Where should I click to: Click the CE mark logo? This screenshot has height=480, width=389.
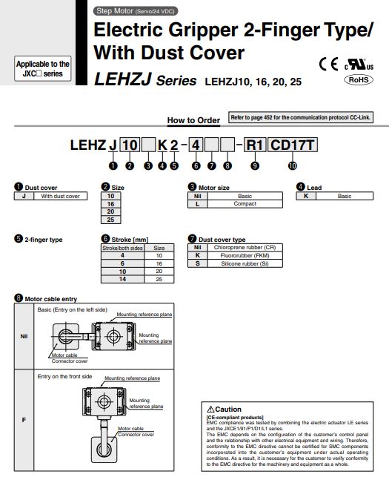pyautogui.click(x=328, y=65)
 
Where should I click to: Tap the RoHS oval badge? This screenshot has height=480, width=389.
pyautogui.click(x=359, y=80)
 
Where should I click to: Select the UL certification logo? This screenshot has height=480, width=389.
pyautogui.click(x=359, y=65)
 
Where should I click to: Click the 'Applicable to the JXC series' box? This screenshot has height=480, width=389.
pyautogui.click(x=42, y=68)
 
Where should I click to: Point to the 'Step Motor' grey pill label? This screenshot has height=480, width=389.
pyautogui.click(x=135, y=11)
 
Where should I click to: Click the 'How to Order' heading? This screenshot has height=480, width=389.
pyautogui.click(x=193, y=120)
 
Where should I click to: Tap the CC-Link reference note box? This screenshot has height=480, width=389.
pyautogui.click(x=301, y=117)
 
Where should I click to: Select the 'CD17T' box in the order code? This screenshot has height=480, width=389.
pyautogui.click(x=293, y=145)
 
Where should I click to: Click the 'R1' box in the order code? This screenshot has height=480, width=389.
pyautogui.click(x=255, y=145)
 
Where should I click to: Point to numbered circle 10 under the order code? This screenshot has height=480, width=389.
pyautogui.click(x=293, y=165)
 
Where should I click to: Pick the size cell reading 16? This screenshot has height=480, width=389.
pyautogui.click(x=110, y=204)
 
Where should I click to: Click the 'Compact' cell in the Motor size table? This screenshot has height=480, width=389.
pyautogui.click(x=245, y=204)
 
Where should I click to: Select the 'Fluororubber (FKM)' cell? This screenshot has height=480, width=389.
pyautogui.click(x=245, y=255)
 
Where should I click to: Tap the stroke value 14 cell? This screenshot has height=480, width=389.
pyautogui.click(x=123, y=279)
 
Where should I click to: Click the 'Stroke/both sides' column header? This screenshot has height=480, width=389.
pyautogui.click(x=123, y=248)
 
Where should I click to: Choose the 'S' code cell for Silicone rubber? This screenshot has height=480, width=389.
pyautogui.click(x=198, y=263)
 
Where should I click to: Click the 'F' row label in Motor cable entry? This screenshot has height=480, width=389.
pyautogui.click(x=24, y=420)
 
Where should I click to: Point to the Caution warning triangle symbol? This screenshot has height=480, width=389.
pyautogui.click(x=210, y=410)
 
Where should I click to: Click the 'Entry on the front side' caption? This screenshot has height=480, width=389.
pyautogui.click(x=65, y=377)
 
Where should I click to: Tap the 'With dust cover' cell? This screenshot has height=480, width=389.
pyautogui.click(x=61, y=196)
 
